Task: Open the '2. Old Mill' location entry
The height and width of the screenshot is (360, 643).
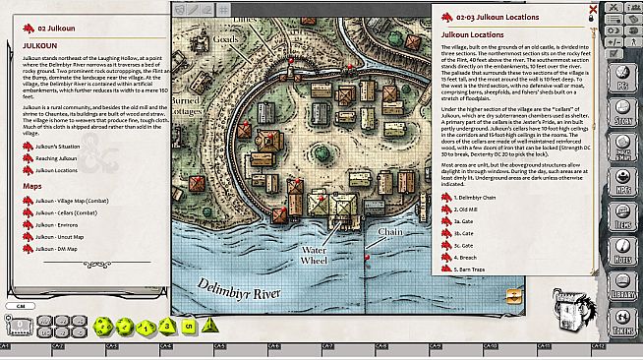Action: click(469, 210)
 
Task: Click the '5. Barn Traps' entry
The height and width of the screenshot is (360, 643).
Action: click(473, 268)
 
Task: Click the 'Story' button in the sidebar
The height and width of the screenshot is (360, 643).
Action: click(622, 118)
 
